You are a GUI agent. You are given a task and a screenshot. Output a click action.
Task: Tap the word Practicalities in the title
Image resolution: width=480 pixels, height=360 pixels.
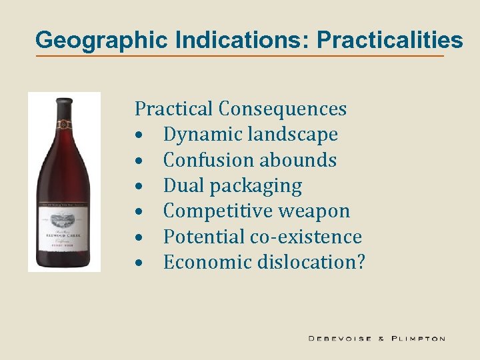coord(390,40)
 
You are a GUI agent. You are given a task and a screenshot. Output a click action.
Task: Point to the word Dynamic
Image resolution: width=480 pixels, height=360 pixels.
coord(203,134)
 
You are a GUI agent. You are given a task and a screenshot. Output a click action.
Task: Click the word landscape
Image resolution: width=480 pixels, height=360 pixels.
coord(293,134)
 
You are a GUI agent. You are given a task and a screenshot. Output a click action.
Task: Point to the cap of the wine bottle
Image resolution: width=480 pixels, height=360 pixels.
coord(64,103)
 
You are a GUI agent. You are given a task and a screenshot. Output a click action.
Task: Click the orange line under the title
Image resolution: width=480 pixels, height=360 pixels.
coord(240,55)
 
